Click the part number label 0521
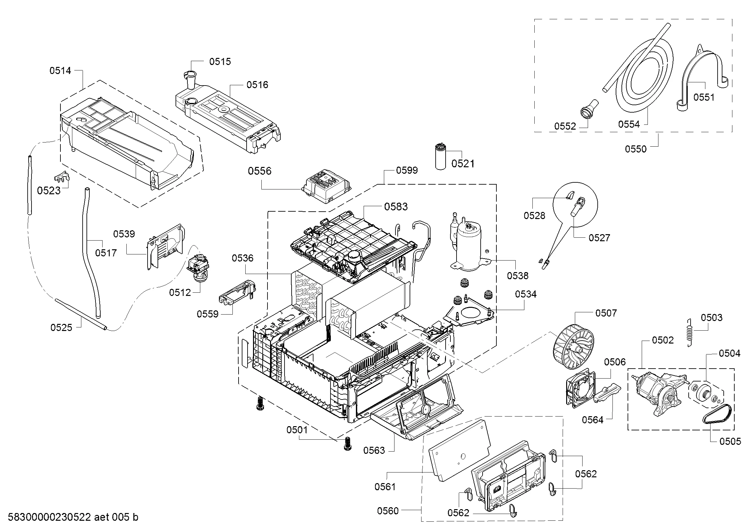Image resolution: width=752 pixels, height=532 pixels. pyautogui.click(x=463, y=163)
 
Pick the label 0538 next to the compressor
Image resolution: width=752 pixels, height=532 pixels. pyautogui.click(x=518, y=276)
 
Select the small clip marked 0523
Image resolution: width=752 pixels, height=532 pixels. pyautogui.click(x=62, y=177)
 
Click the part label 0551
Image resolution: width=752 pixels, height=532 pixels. pyautogui.click(x=704, y=97)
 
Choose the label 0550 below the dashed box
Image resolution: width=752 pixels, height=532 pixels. pyautogui.click(x=636, y=149)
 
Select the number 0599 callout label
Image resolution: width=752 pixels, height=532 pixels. pyautogui.click(x=407, y=170)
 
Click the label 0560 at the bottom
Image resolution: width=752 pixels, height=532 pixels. pyautogui.click(x=388, y=511)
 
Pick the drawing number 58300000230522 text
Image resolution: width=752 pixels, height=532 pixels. pyautogui.click(x=49, y=517)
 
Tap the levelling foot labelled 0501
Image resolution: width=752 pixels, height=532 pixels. pyautogui.click(x=346, y=445)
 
